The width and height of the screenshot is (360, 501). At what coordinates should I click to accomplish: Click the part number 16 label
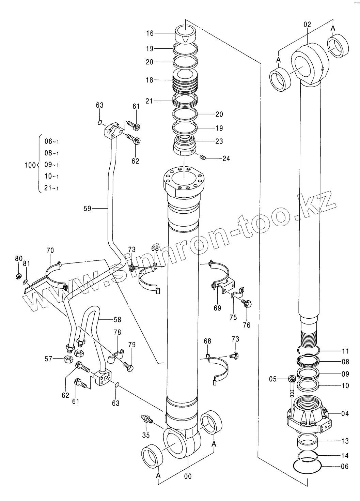coord(150,33)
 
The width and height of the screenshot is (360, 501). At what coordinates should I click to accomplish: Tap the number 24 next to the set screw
coord(226,158)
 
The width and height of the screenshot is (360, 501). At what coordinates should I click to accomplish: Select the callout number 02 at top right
coord(307,25)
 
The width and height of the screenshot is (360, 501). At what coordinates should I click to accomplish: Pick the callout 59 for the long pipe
coord(88,208)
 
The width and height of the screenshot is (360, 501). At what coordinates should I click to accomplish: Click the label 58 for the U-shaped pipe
coord(117,320)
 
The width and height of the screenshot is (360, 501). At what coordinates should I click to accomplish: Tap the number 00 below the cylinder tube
coord(188,476)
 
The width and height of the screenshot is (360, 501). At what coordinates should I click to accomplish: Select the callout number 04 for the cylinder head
coord(345,414)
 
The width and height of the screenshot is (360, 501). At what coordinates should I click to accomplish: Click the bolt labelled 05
coord(291,385)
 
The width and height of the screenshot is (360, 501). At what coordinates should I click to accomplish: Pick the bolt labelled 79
coord(129,367)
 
